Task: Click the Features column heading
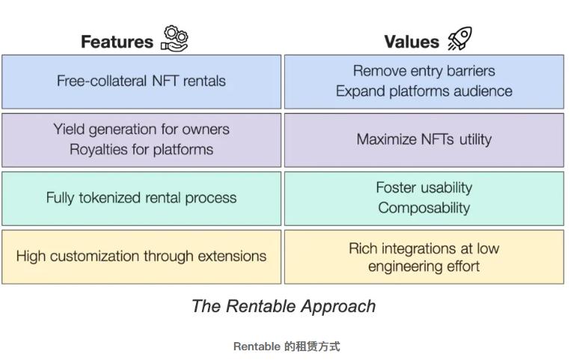pyautogui.click(x=117, y=41)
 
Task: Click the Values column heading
pyautogui.click(x=411, y=41)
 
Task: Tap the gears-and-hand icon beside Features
pyautogui.click(x=175, y=38)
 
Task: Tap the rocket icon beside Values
pyautogui.click(x=459, y=38)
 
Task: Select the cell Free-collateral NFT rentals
pyautogui.click(x=141, y=81)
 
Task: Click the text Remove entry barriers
pyautogui.click(x=424, y=71)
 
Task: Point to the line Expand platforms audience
pyautogui.click(x=424, y=91)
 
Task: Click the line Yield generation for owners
pyautogui.click(x=141, y=129)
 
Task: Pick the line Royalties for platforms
pyautogui.click(x=141, y=150)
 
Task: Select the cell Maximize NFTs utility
pyautogui.click(x=424, y=139)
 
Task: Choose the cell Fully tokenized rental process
pyautogui.click(x=141, y=198)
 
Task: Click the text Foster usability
pyautogui.click(x=424, y=187)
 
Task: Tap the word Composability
pyautogui.click(x=424, y=208)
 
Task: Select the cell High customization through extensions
pyautogui.click(x=141, y=256)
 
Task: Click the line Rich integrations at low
pyautogui.click(x=424, y=248)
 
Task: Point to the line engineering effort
pyautogui.click(x=424, y=266)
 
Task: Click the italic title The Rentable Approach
pyautogui.click(x=284, y=306)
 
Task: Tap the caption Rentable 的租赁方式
pyautogui.click(x=286, y=347)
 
